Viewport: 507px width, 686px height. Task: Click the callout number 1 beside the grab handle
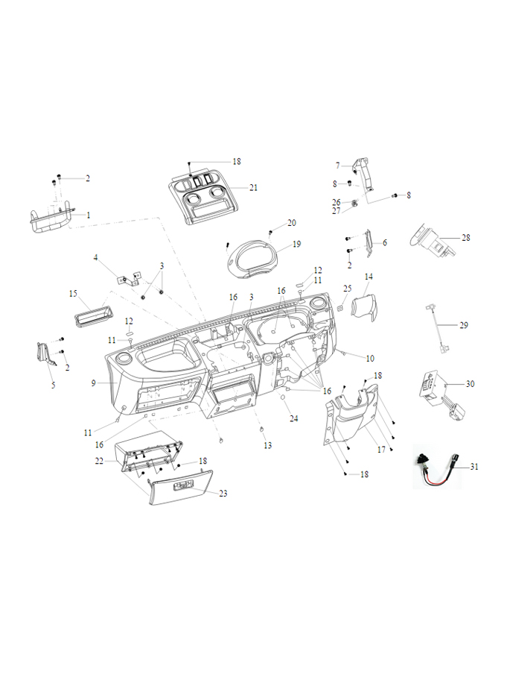tap(88, 215)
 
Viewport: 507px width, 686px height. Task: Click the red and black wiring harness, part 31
tap(440, 465)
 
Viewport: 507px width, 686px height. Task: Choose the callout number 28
tap(466, 238)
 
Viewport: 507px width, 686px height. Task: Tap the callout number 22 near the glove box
tap(99, 462)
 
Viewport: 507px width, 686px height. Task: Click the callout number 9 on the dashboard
tap(94, 383)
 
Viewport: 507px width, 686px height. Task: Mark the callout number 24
tap(293, 418)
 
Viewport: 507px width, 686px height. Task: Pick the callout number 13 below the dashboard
tap(267, 445)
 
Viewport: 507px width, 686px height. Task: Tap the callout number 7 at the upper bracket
tap(337, 165)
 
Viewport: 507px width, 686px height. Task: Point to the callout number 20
tap(292, 223)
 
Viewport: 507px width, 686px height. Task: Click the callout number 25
tap(347, 288)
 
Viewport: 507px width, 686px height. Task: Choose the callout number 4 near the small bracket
tap(95, 258)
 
